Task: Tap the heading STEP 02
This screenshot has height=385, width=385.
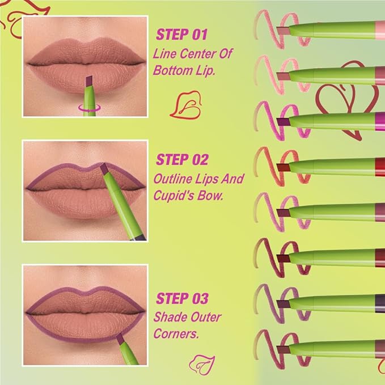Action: [x=182, y=159]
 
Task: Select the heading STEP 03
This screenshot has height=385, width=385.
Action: [x=182, y=298]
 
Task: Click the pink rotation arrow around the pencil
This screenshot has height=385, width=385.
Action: [x=87, y=105]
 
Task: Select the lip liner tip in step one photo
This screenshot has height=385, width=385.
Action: [x=88, y=82]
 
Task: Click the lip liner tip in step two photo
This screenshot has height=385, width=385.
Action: [x=105, y=168]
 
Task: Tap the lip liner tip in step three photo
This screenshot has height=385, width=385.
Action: [x=120, y=339]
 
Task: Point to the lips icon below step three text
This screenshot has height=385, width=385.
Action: [x=200, y=361]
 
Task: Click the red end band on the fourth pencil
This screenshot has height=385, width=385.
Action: [x=380, y=166]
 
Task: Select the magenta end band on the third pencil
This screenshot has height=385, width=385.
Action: [x=380, y=120]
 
